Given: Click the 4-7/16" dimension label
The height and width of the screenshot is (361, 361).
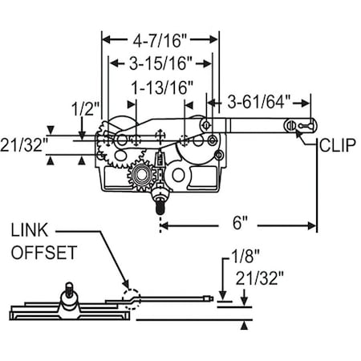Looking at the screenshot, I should coord(160,37).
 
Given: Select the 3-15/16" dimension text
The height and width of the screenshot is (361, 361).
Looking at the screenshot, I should coord(160,63).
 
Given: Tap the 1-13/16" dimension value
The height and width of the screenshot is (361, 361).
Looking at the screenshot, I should coord(163,86).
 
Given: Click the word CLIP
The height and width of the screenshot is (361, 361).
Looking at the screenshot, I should coord(336,146).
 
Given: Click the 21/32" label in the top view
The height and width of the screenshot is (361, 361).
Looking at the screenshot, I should coord(24,143).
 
